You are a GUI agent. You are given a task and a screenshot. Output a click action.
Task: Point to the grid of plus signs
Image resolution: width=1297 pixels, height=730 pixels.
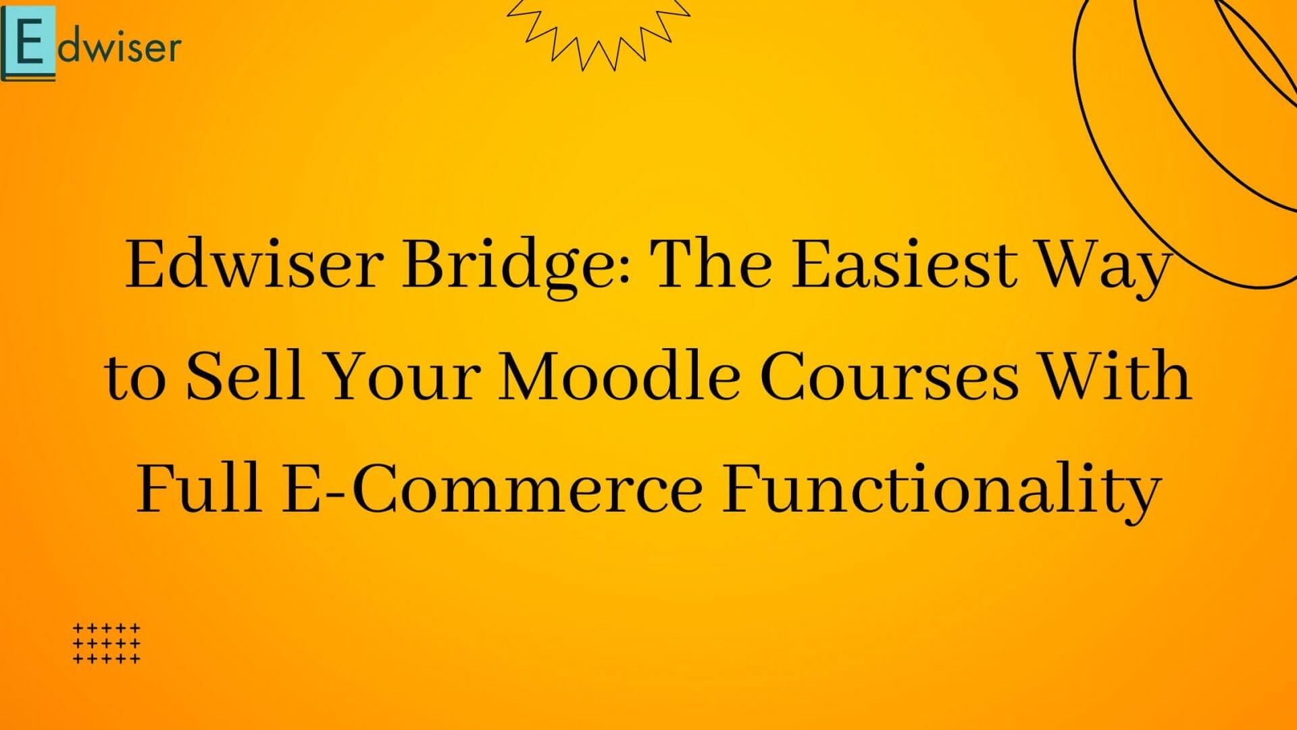coord(107,643)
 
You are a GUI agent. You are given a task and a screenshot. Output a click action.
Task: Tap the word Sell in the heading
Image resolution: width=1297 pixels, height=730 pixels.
coord(244,376)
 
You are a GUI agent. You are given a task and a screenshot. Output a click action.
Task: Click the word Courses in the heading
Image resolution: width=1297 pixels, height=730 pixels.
coord(888,376)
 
